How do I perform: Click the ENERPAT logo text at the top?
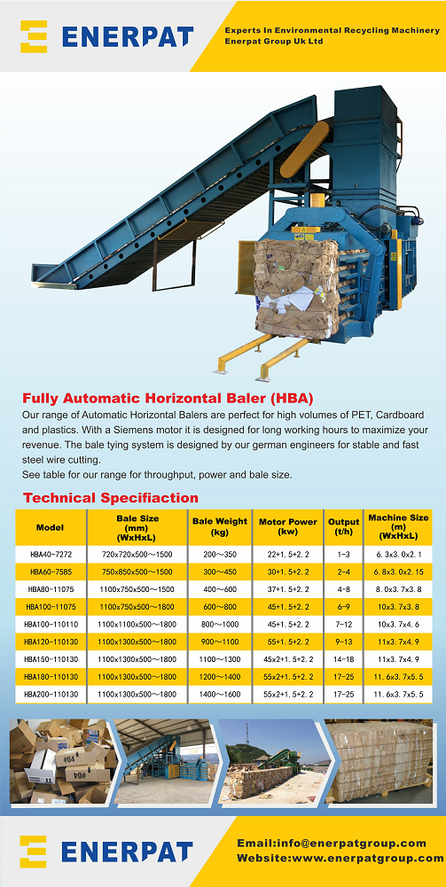(128, 36)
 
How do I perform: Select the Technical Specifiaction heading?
(111, 497)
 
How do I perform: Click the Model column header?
(50, 527)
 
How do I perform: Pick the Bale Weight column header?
(220, 527)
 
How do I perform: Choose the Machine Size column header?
(398, 527)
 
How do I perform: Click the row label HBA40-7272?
(50, 554)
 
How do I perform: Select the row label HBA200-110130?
(50, 695)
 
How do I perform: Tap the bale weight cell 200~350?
(220, 554)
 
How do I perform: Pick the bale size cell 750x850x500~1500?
(137, 572)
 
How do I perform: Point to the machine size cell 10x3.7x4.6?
(398, 625)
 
